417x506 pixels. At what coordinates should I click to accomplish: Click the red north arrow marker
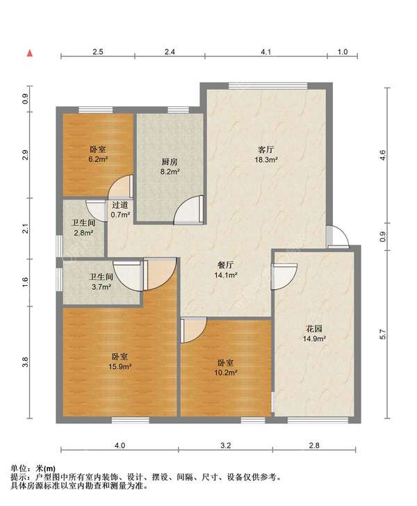pos(30,54)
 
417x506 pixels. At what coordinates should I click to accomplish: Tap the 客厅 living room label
pos(266,149)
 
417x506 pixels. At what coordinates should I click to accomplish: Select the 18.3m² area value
pos(266,159)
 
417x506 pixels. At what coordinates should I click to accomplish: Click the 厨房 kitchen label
pos(170,162)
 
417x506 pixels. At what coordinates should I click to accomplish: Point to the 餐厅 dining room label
pos(226,266)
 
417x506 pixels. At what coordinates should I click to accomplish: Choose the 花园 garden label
pos(313,329)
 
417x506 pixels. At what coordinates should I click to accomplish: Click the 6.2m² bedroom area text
pos(98,159)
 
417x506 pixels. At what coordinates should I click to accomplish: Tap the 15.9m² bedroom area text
pos(120,366)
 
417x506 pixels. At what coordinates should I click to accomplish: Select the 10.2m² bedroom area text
pos(226,373)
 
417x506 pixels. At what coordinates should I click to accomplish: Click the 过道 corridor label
pos(120,205)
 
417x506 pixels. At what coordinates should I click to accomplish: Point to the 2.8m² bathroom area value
pos(83,232)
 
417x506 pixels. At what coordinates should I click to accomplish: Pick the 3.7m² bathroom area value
pos(101,286)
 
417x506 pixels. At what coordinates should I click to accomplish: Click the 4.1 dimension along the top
pos(266,51)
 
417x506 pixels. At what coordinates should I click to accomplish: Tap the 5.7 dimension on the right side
pos(383,334)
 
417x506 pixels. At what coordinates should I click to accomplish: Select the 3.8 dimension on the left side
pos(26,362)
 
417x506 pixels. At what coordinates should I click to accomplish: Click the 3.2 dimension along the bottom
pos(226,446)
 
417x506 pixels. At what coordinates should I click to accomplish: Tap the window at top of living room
pos(268,86)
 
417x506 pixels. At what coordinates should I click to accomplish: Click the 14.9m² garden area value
pos(313,339)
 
